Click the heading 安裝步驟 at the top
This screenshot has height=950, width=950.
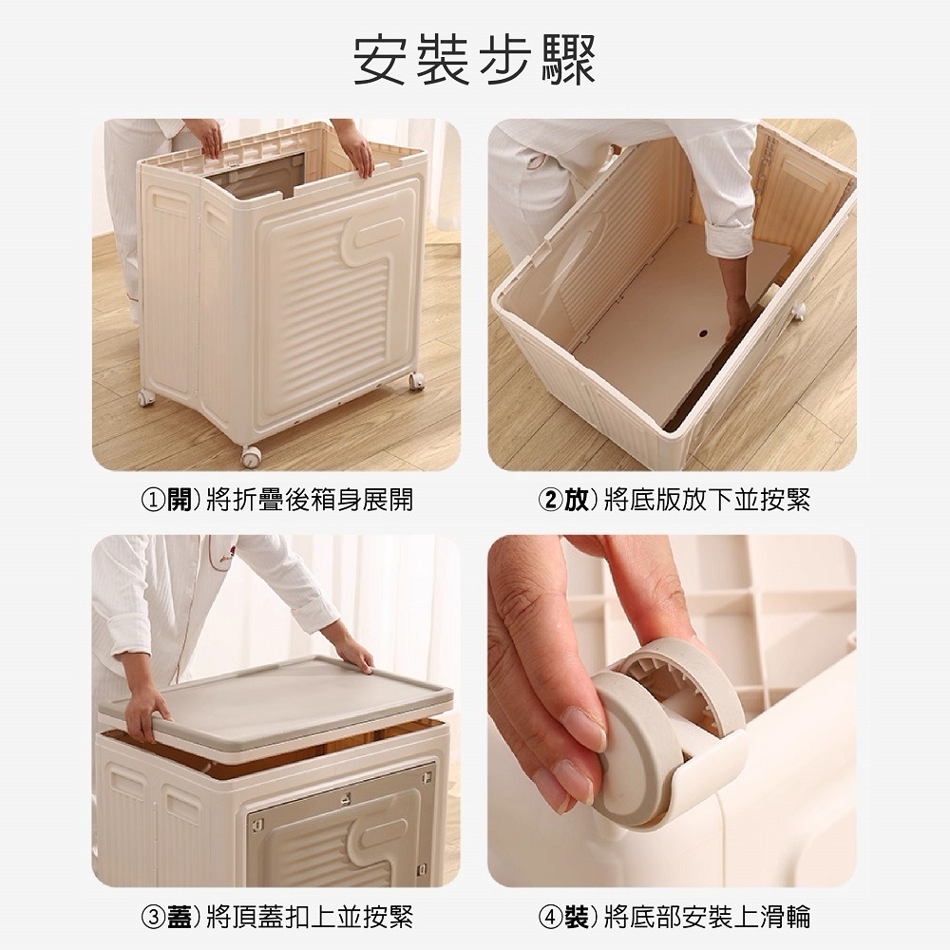(x=474, y=60)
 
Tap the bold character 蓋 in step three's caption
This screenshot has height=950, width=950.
(x=179, y=916)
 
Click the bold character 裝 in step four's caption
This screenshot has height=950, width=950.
(x=576, y=916)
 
